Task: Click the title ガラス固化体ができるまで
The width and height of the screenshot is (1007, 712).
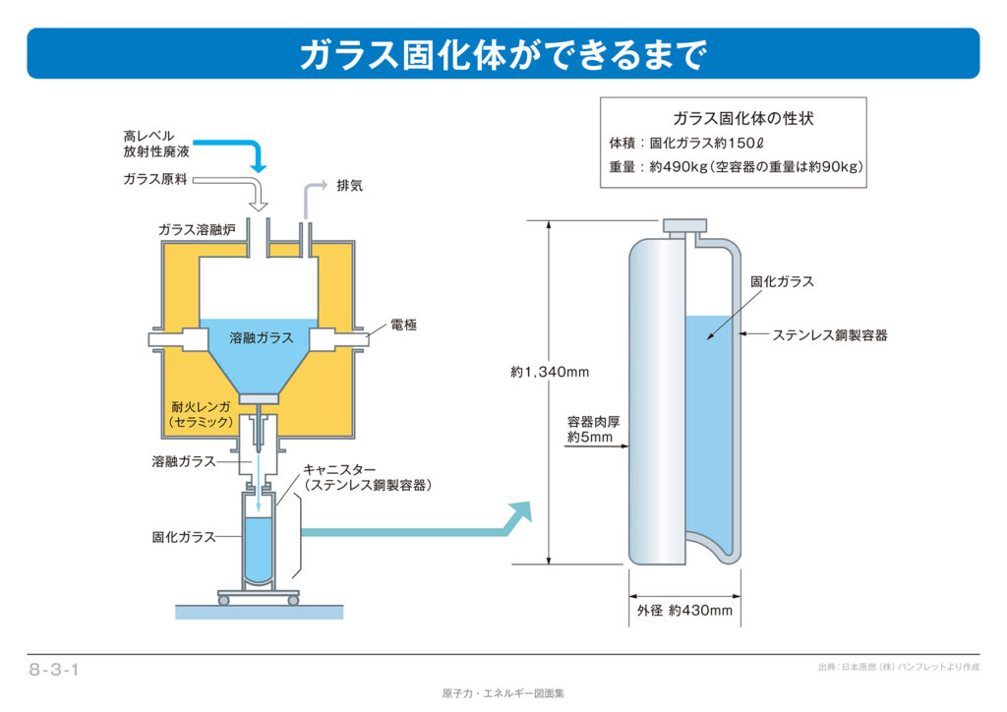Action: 503,54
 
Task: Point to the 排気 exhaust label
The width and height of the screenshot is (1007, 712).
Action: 349,184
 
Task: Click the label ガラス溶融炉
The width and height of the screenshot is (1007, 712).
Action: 197,229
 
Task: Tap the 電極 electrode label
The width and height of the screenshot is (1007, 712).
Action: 403,325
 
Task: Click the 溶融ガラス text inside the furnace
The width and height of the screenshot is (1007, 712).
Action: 261,337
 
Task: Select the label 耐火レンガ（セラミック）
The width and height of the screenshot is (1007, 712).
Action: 202,414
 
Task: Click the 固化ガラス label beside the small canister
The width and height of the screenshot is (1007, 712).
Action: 183,537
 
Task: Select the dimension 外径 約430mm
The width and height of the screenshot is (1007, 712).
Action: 684,611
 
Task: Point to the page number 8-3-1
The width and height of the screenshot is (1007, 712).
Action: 54,671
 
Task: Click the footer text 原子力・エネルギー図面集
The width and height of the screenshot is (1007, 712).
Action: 503,693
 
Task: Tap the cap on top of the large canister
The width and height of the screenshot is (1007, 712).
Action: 685,225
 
